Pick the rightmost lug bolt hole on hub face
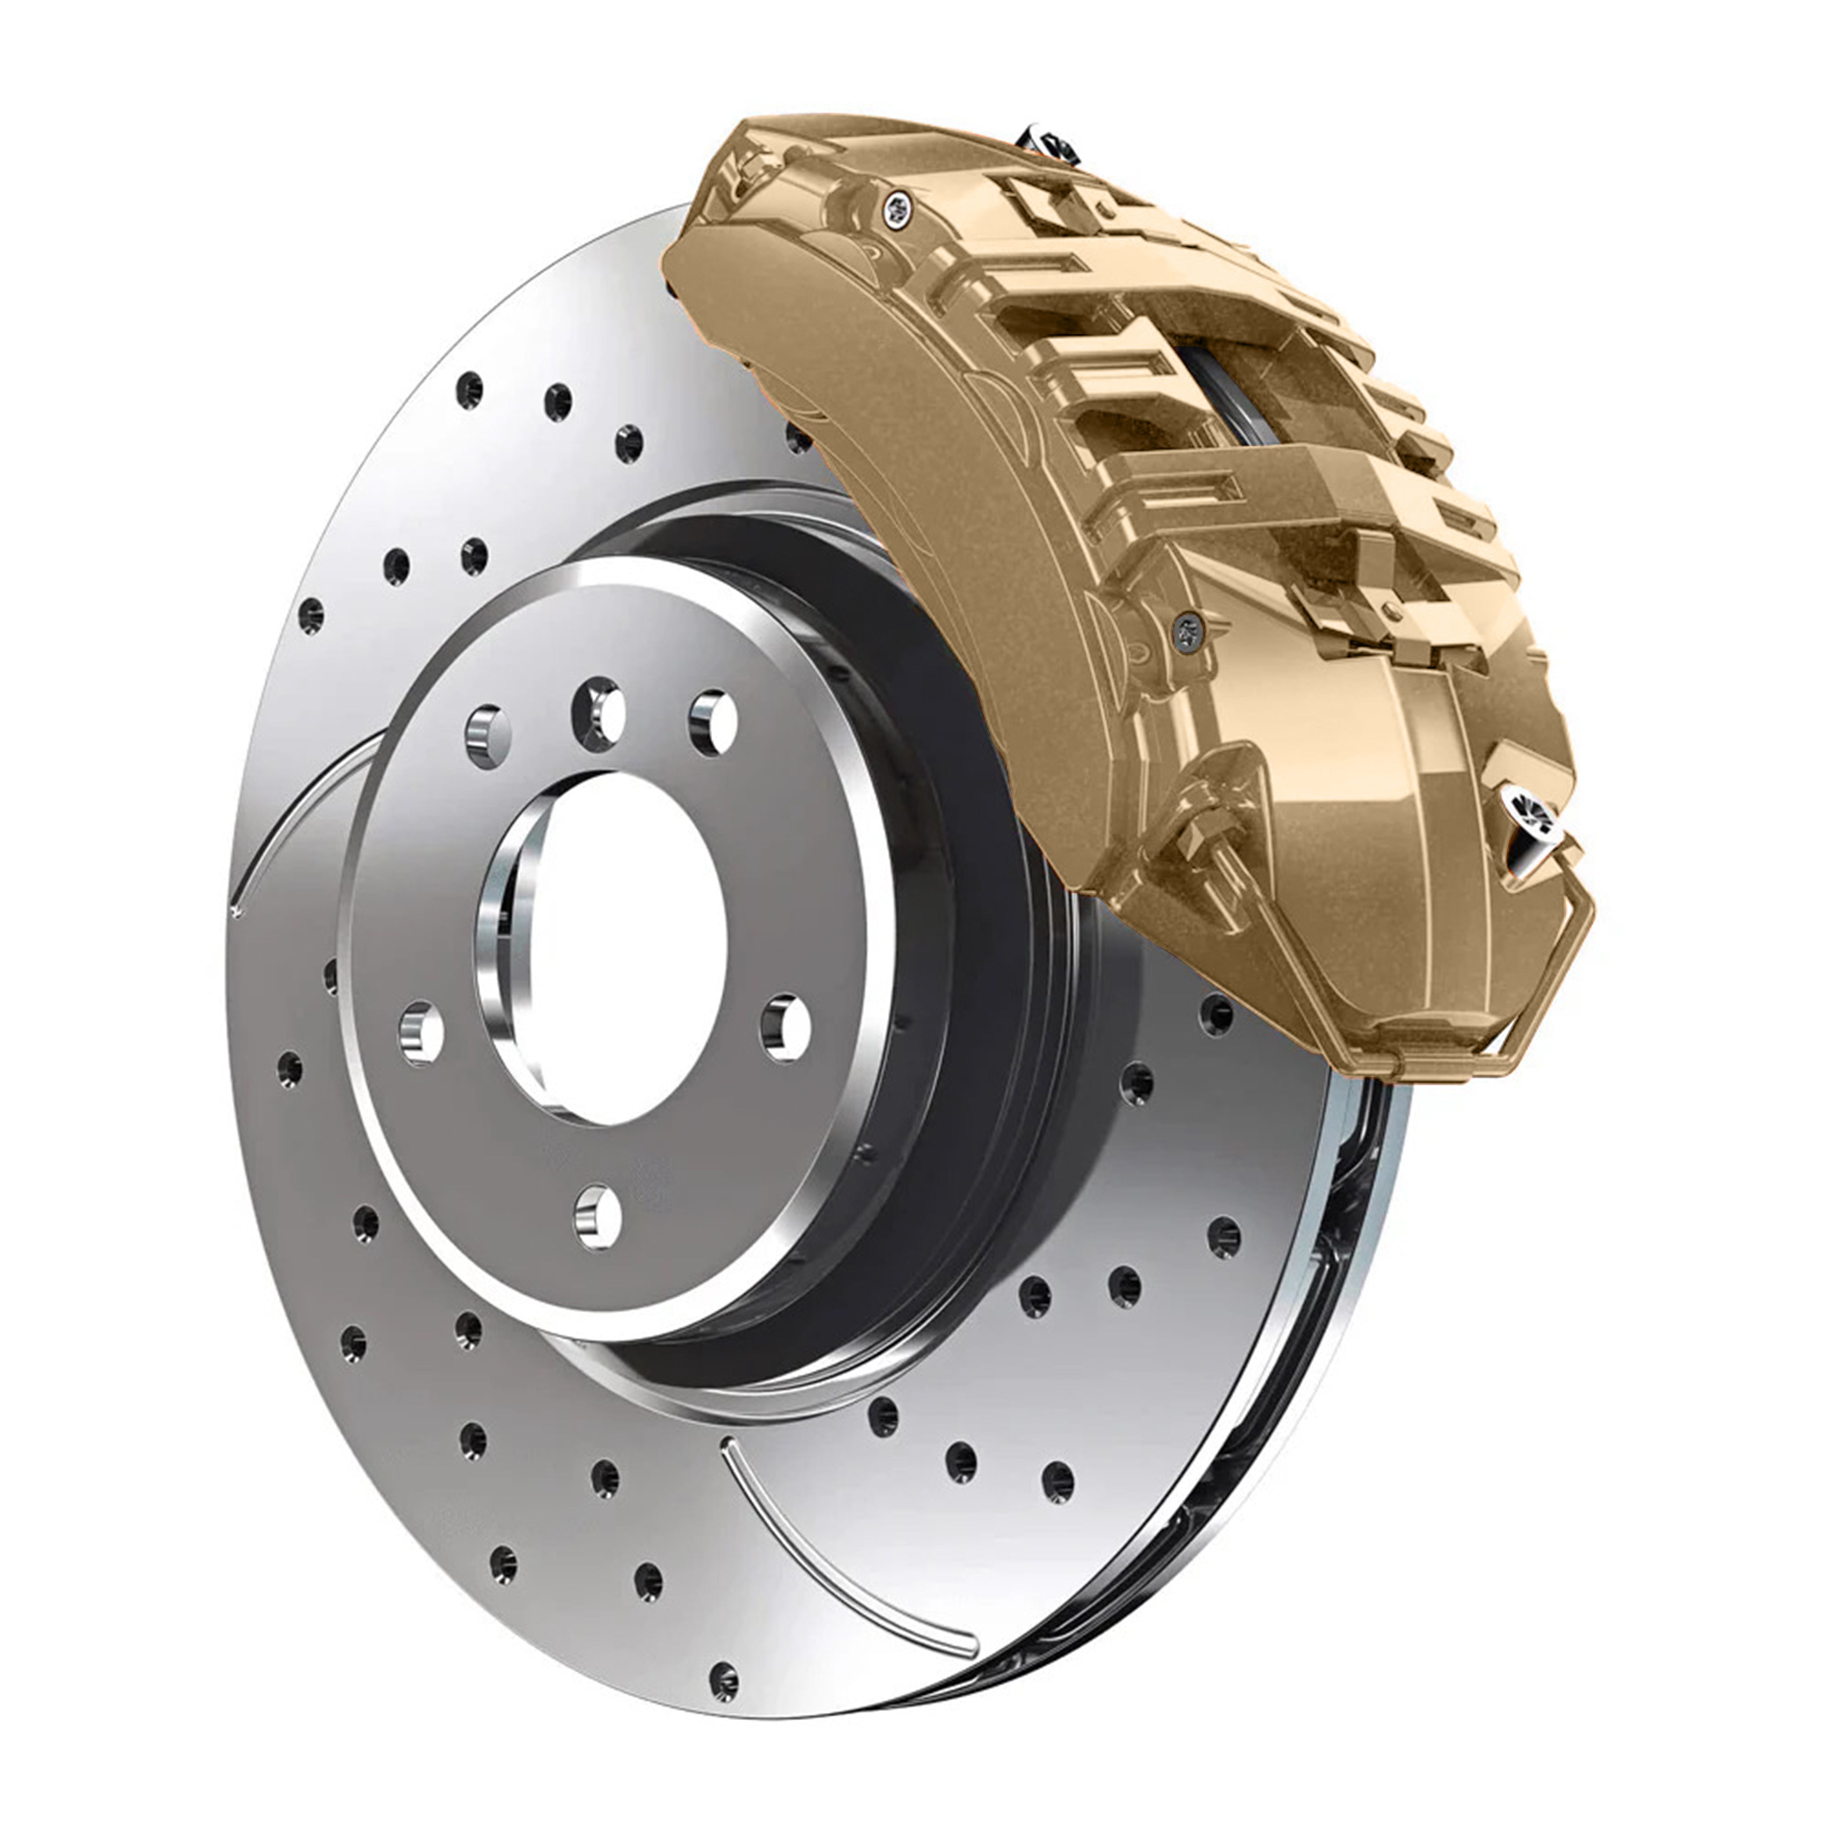coord(787,1027)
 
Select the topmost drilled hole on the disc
coord(469,389)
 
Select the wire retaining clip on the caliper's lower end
coord(1552,1003)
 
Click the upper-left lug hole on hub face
coord(489,736)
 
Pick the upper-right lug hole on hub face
coord(712,722)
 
